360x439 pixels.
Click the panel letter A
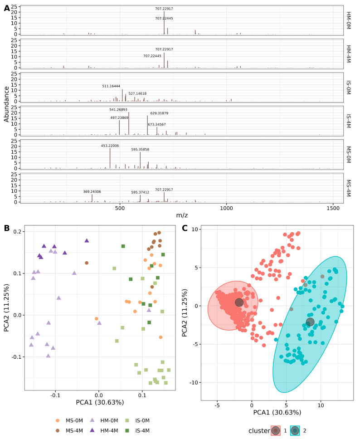coord(7,8)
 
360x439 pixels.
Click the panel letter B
coord(7,228)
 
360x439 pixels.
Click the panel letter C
coord(185,228)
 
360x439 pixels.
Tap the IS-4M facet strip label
coord(348,121)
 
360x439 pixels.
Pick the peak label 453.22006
coord(110,146)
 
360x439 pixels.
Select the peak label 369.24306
coord(92,192)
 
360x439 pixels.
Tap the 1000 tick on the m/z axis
coord(227,208)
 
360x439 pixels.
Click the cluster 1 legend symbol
coord(276,430)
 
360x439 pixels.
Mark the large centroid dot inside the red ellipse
coord(239,302)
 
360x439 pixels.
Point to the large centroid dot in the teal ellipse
coord(310,322)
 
